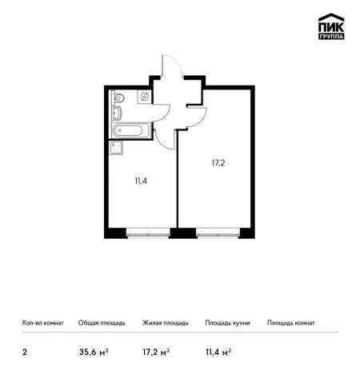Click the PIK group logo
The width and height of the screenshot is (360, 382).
point(331,26)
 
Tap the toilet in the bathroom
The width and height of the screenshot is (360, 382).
point(118,97)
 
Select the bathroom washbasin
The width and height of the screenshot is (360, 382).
point(117,113)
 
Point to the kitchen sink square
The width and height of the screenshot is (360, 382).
point(116,148)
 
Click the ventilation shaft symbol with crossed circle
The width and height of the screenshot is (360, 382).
point(144,97)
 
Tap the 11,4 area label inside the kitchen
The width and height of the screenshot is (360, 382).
point(141,181)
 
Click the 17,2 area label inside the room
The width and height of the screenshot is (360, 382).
point(218,163)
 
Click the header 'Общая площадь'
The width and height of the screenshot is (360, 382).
point(102,323)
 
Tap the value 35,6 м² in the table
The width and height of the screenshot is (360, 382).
point(94,352)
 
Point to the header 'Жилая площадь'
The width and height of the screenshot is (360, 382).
point(166,323)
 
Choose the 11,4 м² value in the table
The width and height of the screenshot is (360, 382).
point(218,352)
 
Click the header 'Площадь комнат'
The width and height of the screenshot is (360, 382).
point(291,323)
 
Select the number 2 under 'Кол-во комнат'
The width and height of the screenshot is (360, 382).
point(25,352)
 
